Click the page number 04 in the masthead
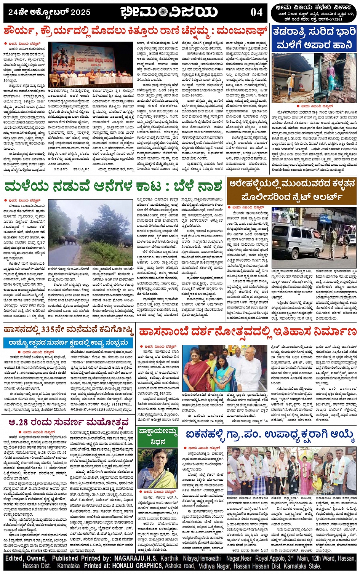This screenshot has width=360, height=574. click(257, 12)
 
